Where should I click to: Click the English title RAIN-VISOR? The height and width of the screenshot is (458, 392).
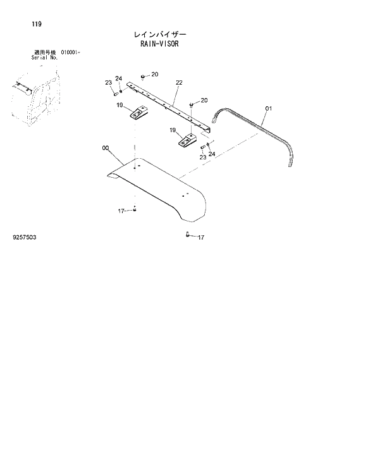pyautogui.click(x=159, y=46)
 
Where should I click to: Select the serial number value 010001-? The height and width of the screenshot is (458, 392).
pyautogui.click(x=74, y=53)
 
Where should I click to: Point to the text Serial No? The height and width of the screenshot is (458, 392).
pyautogui.click(x=45, y=58)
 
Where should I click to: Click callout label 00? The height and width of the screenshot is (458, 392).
pyautogui.click(x=105, y=148)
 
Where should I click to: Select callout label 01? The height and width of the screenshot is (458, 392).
pyautogui.click(x=267, y=109)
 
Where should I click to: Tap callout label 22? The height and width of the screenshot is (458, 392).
pyautogui.click(x=179, y=82)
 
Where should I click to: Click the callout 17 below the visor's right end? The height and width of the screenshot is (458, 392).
pyautogui.click(x=200, y=237)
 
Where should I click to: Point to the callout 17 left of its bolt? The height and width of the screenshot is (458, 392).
pyautogui.click(x=121, y=211)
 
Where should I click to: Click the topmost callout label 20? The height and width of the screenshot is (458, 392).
pyautogui.click(x=154, y=75)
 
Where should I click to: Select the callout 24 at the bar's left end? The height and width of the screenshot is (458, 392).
pyautogui.click(x=118, y=79)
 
